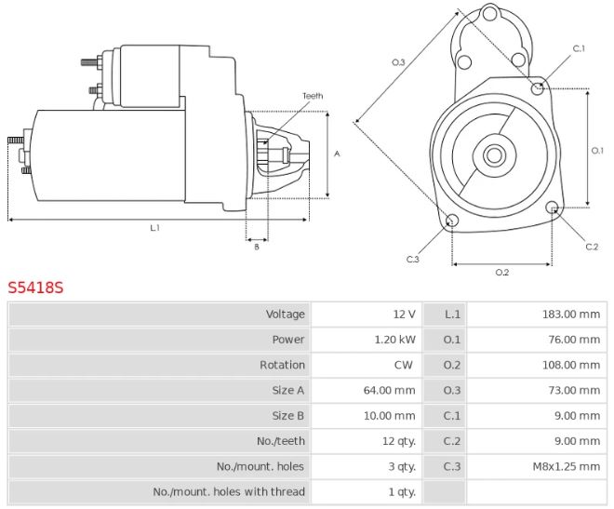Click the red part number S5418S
36,288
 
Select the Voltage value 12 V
404,315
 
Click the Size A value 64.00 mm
391,390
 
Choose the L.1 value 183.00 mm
571,315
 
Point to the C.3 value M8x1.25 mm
565,466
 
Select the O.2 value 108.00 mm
571,365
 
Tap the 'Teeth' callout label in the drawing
313,96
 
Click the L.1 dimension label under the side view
154,228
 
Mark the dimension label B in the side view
256,246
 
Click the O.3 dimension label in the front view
398,62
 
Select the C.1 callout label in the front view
578,48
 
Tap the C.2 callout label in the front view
591,247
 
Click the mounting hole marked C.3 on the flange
453,221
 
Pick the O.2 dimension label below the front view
501,272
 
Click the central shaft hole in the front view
494,154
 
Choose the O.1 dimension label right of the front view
598,150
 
